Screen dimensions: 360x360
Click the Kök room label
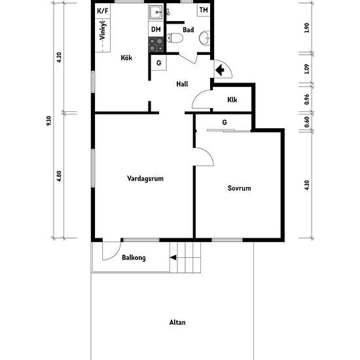(x=126, y=58)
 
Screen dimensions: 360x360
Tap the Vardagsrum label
(x=145, y=179)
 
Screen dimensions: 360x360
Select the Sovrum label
(x=239, y=189)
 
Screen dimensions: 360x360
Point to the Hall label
(x=183, y=84)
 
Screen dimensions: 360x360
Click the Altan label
(x=177, y=322)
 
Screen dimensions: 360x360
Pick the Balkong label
(x=134, y=258)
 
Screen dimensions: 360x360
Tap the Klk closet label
(x=232, y=99)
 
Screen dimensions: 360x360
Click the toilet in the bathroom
(x=175, y=38)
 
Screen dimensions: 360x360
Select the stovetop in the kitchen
(x=156, y=45)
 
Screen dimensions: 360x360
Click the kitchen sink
(x=156, y=12)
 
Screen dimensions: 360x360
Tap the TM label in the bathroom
(x=204, y=10)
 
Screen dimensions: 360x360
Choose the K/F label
(x=103, y=10)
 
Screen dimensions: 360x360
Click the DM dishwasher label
(x=156, y=29)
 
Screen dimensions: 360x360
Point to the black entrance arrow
(x=220, y=70)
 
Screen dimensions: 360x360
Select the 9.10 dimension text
(x=48, y=121)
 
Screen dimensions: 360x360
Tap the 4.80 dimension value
(x=59, y=176)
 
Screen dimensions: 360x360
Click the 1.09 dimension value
(x=307, y=69)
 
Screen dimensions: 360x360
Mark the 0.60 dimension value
(x=307, y=122)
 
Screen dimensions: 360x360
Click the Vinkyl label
(x=103, y=31)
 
